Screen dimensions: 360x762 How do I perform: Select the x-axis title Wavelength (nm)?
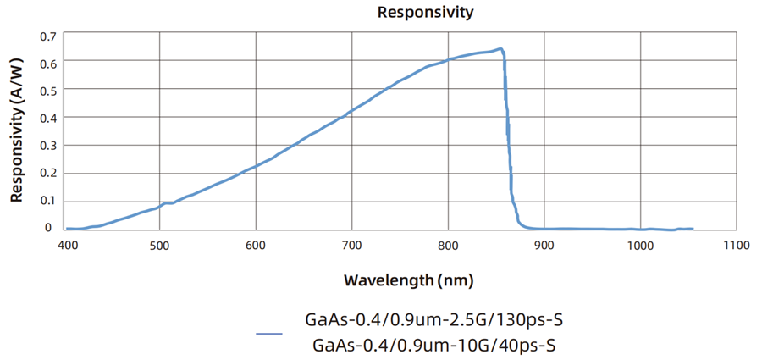point(408,280)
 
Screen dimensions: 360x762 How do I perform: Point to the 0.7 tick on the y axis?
point(47,36)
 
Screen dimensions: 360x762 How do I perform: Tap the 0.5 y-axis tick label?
point(47,91)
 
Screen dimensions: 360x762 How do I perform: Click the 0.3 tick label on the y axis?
point(47,146)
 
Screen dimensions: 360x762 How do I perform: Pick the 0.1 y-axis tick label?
point(47,201)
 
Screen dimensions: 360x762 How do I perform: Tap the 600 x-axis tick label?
point(256,246)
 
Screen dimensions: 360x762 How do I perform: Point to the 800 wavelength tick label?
point(448,246)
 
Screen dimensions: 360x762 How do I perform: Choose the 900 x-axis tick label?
point(544,246)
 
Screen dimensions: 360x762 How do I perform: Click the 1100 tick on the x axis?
point(737,246)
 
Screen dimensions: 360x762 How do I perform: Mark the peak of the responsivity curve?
point(500,49)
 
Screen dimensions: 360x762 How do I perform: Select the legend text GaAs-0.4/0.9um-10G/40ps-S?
point(433,345)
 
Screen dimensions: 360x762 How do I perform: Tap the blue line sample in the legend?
point(269,334)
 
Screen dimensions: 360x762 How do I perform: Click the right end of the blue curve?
point(693,229)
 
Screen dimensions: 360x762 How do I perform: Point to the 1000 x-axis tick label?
point(640,246)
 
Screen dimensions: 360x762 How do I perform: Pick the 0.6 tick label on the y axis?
point(47,64)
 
